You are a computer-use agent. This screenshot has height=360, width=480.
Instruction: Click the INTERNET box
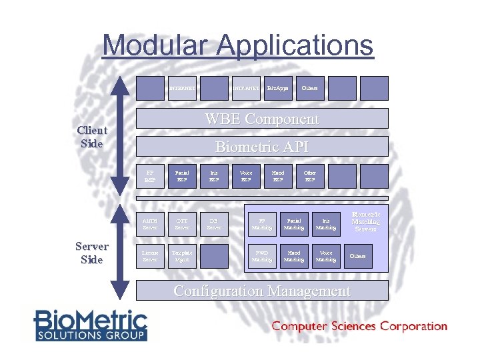coord(182,88)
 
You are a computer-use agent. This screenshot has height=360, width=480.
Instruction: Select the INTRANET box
coord(246,88)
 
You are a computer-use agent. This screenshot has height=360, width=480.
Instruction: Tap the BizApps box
coord(278,88)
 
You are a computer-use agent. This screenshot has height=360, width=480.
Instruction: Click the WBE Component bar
coord(262,119)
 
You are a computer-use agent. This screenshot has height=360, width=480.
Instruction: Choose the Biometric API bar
coord(262,147)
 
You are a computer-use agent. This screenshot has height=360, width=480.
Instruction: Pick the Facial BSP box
coord(182,176)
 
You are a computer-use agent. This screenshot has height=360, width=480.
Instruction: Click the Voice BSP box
coord(246,176)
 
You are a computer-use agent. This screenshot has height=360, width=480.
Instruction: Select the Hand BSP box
coord(278,176)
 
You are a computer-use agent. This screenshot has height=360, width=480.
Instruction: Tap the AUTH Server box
coord(150,224)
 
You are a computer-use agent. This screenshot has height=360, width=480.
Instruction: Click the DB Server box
coord(214,224)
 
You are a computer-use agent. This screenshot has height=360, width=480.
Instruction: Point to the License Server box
coord(150,256)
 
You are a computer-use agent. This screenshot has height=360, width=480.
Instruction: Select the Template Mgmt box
coord(182,256)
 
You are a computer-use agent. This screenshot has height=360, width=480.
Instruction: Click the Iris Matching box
coord(326,224)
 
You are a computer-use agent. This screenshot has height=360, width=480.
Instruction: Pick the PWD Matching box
coord(262,256)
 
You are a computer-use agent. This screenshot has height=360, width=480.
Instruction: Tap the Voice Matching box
coord(326,256)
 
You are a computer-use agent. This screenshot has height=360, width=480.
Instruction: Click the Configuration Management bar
coord(262,291)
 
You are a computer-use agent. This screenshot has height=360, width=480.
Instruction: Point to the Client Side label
coord(92,137)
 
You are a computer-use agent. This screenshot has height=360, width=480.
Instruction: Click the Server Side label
coord(91,253)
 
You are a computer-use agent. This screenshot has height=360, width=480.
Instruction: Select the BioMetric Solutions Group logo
coord(91,325)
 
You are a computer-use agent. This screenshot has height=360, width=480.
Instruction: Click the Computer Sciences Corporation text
coord(359,327)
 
